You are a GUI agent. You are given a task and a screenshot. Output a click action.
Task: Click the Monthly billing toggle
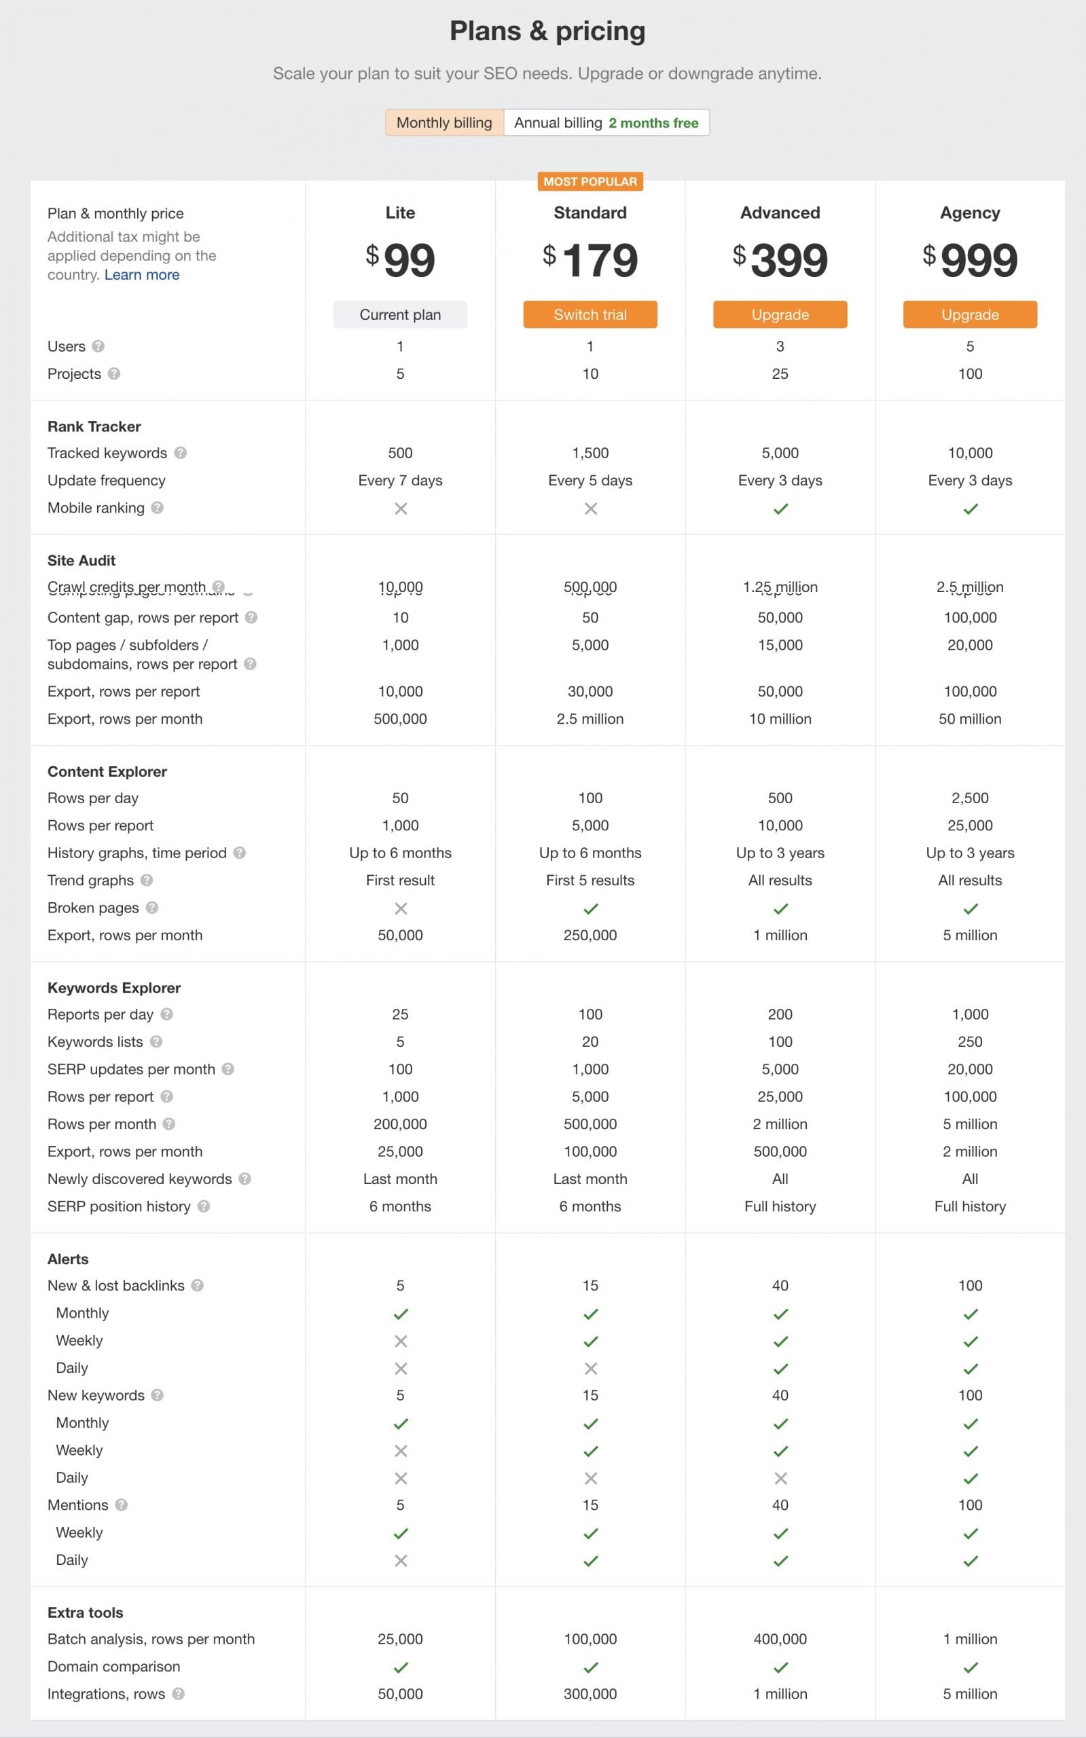(x=444, y=123)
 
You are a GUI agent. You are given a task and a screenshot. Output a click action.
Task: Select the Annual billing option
(x=607, y=123)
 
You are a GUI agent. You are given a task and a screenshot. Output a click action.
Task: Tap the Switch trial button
(x=590, y=314)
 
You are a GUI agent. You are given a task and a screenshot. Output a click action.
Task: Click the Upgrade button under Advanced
(x=779, y=314)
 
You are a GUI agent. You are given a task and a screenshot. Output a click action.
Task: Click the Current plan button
(x=400, y=314)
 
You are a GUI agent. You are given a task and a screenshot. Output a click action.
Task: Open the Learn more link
(x=141, y=275)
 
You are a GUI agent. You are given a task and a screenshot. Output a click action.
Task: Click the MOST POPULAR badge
(x=590, y=182)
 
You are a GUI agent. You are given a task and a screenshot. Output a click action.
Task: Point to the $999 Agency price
(x=970, y=260)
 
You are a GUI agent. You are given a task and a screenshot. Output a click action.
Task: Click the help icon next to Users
(x=98, y=346)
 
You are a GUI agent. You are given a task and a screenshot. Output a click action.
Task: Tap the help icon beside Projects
(x=113, y=373)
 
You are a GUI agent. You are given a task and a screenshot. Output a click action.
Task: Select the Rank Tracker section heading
(x=94, y=426)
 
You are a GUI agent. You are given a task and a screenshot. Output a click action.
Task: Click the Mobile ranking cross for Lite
(x=401, y=509)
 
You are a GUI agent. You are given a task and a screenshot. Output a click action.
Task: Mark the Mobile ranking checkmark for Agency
(x=971, y=509)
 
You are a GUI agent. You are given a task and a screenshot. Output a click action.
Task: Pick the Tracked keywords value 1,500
(x=590, y=453)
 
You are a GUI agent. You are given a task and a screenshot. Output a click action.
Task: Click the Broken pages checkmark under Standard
(x=590, y=908)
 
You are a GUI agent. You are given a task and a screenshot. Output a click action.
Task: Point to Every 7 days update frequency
(x=400, y=480)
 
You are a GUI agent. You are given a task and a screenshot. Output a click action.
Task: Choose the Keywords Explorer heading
(x=113, y=988)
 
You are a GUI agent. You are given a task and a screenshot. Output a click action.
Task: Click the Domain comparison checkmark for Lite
(x=401, y=1667)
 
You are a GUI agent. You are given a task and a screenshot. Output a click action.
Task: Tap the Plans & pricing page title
(x=547, y=31)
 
